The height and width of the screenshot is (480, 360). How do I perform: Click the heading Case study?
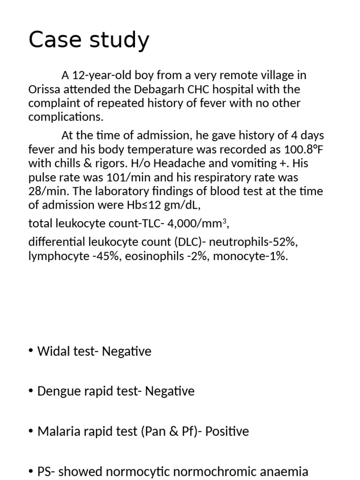[89, 40]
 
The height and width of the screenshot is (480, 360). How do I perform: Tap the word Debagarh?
[147, 89]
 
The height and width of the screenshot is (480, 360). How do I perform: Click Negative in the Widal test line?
[127, 352]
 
